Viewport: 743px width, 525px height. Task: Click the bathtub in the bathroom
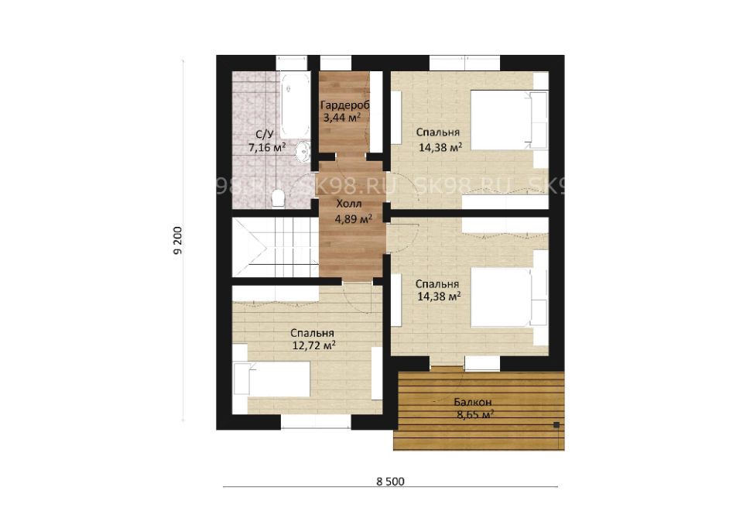coord(294,105)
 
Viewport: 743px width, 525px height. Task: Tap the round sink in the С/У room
coord(303,152)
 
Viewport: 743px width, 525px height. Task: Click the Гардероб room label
coord(344,105)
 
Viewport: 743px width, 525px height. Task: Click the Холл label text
coord(349,204)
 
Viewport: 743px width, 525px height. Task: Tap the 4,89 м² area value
coord(353,218)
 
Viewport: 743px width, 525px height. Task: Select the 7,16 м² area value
coord(267,147)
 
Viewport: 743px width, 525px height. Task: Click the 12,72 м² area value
coord(313,345)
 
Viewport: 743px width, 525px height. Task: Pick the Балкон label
coord(472,402)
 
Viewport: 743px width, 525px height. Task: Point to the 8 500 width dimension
coord(390,482)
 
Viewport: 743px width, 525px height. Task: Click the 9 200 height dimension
coord(178,241)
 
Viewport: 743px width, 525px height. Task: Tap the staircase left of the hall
coord(275,246)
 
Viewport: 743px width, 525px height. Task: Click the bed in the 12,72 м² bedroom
coord(271,378)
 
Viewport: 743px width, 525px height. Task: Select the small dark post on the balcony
coord(556,425)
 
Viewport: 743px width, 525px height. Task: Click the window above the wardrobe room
coord(336,63)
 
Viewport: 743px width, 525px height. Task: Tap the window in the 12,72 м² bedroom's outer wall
coord(316,421)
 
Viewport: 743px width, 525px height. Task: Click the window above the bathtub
coord(292,63)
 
